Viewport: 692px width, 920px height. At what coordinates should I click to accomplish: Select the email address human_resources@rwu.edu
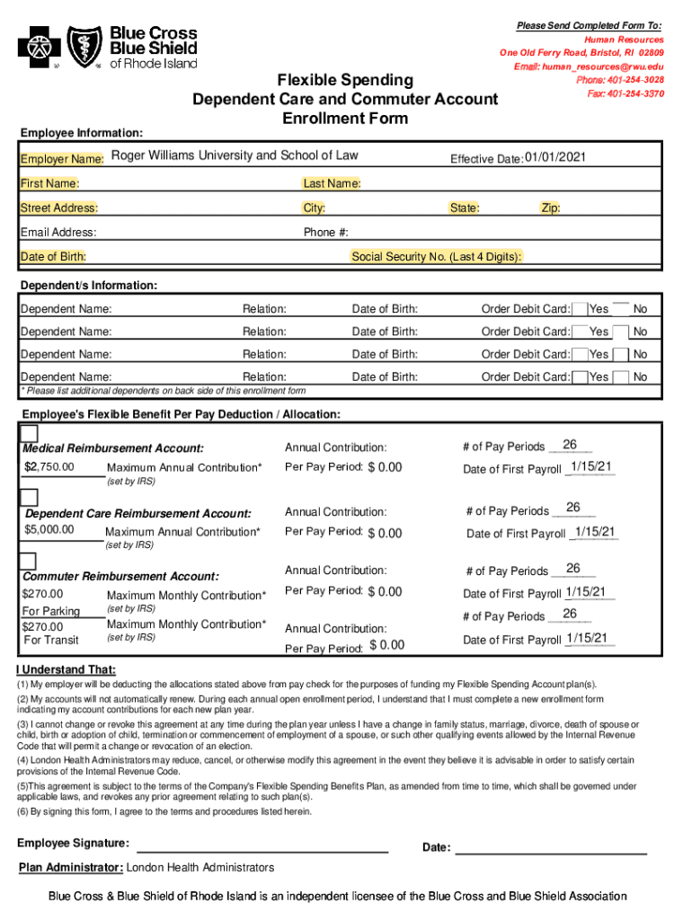click(x=589, y=66)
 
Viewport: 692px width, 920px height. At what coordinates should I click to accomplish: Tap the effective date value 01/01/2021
click(x=555, y=158)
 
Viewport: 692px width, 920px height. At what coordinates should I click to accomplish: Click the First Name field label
click(x=49, y=184)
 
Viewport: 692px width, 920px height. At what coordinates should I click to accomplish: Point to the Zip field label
click(x=550, y=208)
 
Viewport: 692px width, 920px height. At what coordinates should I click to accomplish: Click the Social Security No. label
click(x=436, y=257)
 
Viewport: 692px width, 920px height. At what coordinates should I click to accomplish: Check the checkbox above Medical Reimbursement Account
click(x=29, y=433)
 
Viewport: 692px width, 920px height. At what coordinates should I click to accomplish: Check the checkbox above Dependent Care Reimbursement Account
click(x=29, y=498)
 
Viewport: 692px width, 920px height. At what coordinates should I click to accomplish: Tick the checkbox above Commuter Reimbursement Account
click(x=29, y=562)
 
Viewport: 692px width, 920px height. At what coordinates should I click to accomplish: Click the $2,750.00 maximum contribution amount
click(x=50, y=466)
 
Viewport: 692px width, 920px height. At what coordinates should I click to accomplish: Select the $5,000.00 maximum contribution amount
click(x=50, y=530)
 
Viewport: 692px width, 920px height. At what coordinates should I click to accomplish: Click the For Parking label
click(x=51, y=612)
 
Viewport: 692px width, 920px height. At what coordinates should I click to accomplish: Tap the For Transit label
click(x=51, y=640)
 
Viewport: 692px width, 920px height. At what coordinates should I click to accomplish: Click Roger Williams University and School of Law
click(x=235, y=156)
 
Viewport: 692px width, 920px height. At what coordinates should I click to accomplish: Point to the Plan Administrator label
click(x=71, y=868)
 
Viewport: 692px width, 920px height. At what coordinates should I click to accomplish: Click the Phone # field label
click(x=326, y=233)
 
